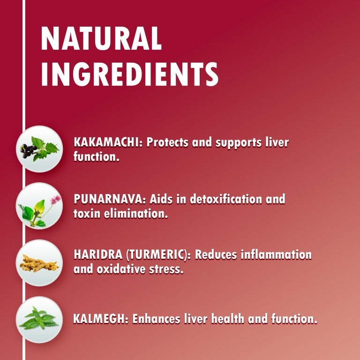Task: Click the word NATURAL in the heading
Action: click(101, 38)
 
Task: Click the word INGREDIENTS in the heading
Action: click(129, 74)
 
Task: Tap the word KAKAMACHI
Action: click(106, 142)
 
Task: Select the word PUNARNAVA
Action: click(108, 199)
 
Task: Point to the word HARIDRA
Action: click(98, 255)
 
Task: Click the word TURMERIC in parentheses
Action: click(156, 255)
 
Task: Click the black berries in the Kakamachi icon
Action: click(28, 150)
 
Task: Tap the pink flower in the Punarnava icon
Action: click(55, 200)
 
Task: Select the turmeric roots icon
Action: click(39, 263)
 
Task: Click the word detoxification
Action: click(226, 199)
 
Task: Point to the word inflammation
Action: click(276, 255)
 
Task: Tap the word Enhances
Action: click(156, 319)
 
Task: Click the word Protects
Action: click(167, 142)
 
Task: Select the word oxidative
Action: click(121, 269)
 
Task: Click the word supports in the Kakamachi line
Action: click(238, 143)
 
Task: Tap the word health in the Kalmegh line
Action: click(228, 319)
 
